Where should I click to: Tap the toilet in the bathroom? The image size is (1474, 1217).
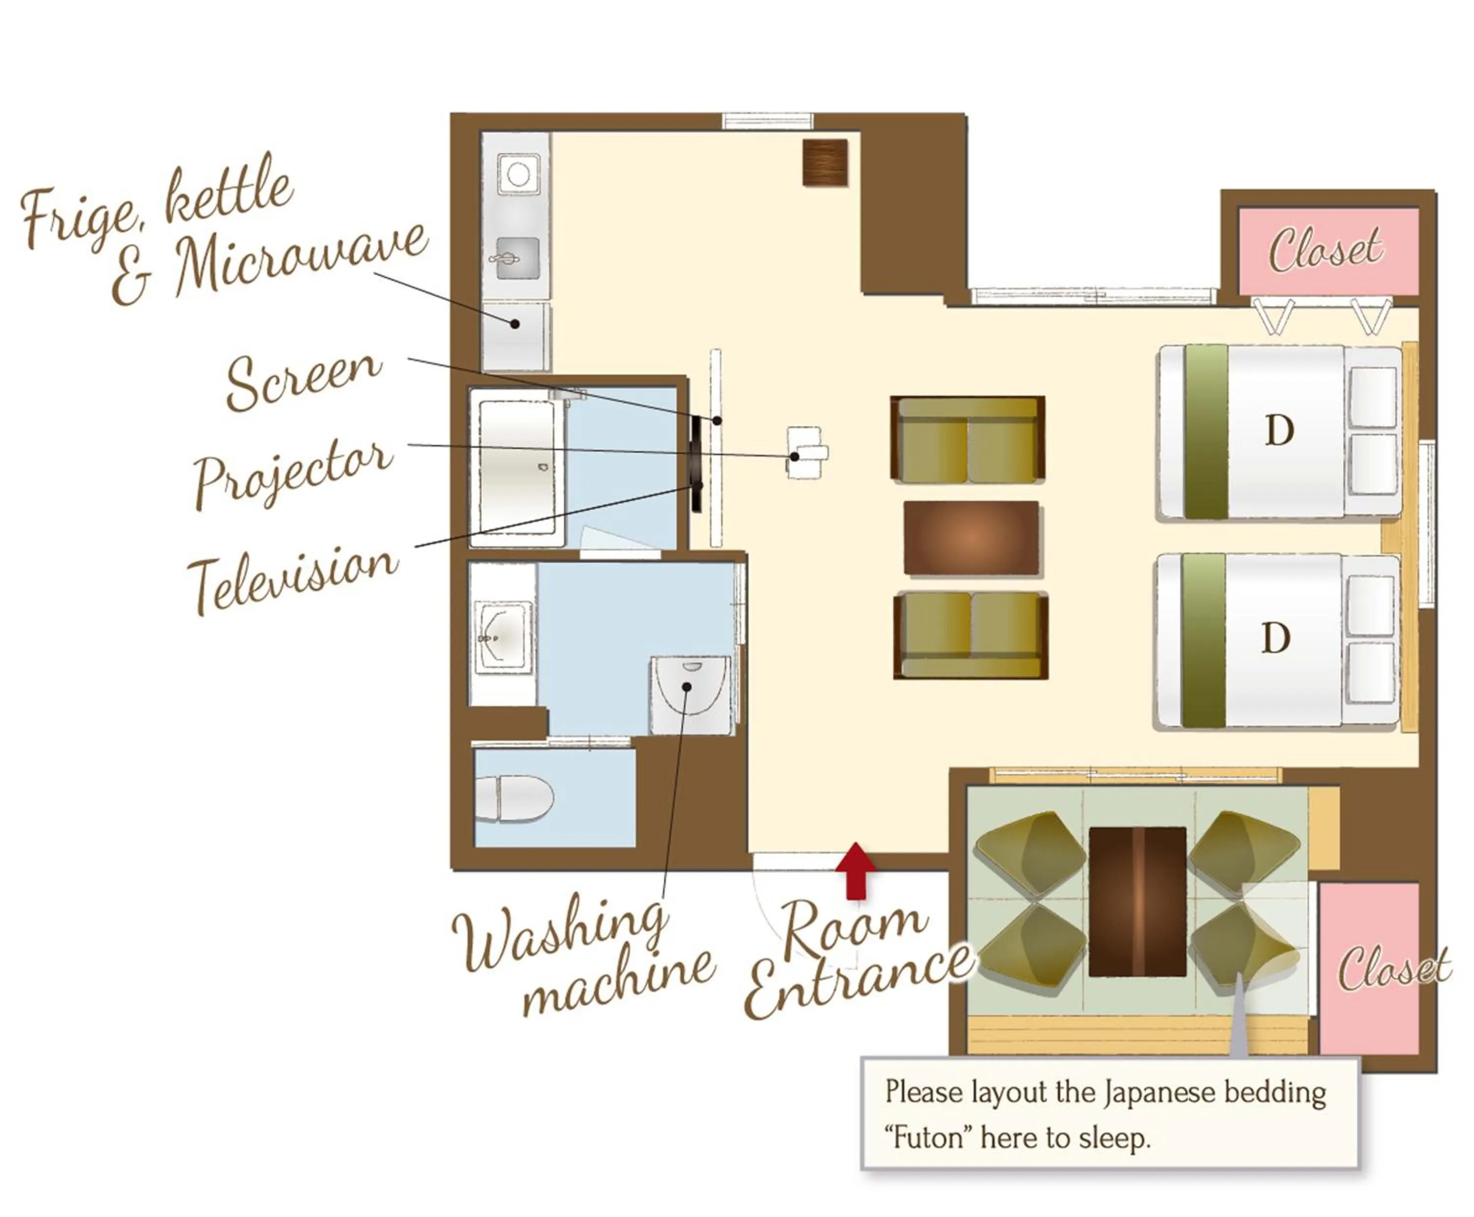pyautogui.click(x=516, y=797)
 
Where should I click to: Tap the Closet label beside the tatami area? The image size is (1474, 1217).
pyautogui.click(x=1392, y=968)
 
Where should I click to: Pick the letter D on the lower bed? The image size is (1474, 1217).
pyautogui.click(x=1275, y=638)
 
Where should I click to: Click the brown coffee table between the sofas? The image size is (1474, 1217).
pyautogui.click(x=970, y=538)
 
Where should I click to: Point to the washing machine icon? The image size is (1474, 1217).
pyautogui.click(x=691, y=695)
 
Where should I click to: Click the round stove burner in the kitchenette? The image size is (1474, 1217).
pyautogui.click(x=518, y=173)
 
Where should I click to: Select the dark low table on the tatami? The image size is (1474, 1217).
pyautogui.click(x=1137, y=901)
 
